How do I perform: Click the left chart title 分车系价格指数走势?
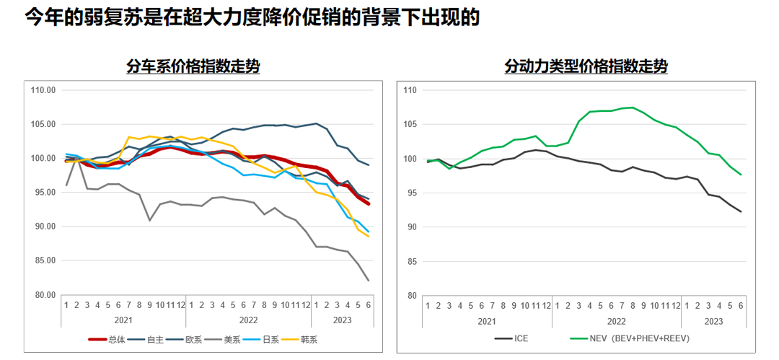click(193, 67)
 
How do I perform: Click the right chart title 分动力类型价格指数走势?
click(586, 67)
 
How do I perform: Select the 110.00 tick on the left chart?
click(44, 90)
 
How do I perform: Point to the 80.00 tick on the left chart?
click(44, 295)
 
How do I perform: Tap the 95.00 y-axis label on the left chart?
click(44, 193)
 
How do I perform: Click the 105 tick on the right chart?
click(410, 125)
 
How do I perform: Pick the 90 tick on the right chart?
click(412, 227)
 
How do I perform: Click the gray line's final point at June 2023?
click(369, 281)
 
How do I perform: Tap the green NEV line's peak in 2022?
click(633, 107)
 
